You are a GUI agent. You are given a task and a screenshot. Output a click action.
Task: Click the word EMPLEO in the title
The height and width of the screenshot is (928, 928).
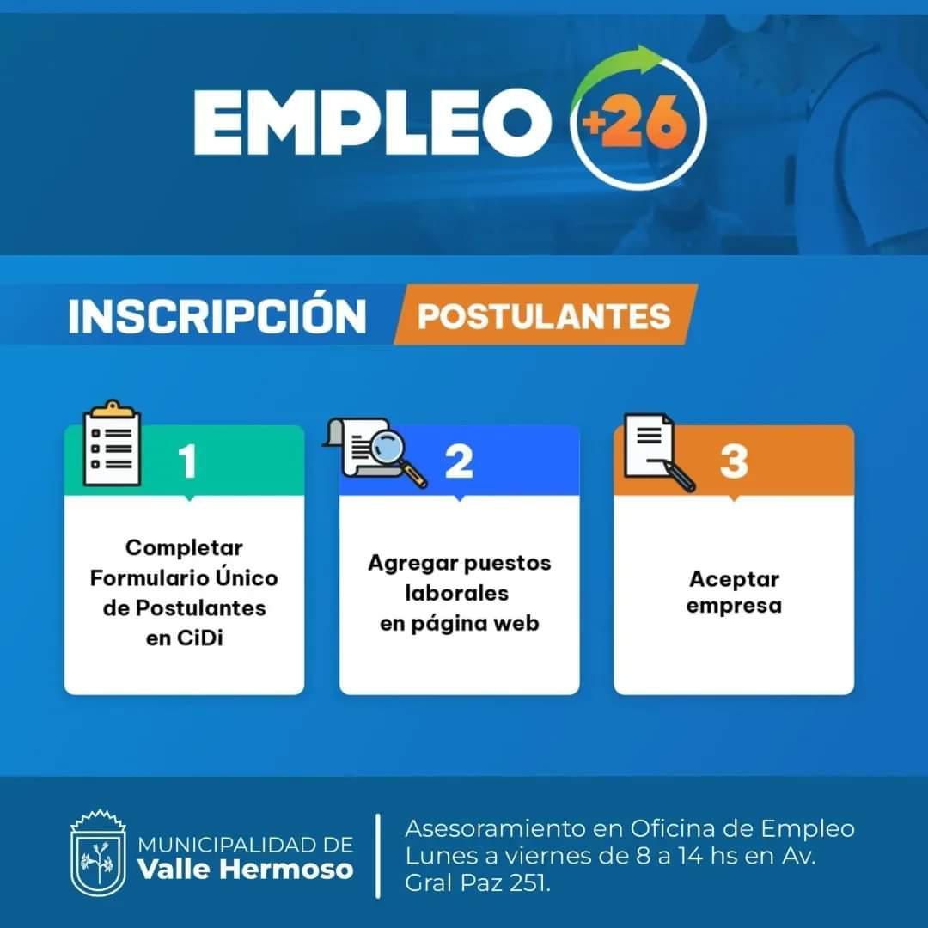click(372, 122)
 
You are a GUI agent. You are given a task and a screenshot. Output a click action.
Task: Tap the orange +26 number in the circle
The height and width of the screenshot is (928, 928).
click(634, 123)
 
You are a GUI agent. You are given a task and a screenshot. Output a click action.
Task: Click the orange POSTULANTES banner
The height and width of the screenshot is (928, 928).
click(545, 314)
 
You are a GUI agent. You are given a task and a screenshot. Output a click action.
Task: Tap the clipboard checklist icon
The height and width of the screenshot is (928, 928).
click(112, 443)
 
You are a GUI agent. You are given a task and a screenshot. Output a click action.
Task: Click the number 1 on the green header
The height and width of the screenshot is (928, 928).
click(187, 461)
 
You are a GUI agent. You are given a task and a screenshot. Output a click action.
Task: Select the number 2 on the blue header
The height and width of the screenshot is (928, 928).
click(459, 461)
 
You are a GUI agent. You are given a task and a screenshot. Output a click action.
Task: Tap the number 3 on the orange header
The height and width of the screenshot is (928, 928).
click(734, 461)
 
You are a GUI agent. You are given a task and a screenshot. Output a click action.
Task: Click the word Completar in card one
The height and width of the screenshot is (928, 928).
click(184, 548)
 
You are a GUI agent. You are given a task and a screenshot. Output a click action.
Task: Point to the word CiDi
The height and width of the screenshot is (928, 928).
click(200, 638)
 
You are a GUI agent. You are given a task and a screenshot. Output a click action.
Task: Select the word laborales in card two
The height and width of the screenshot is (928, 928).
click(457, 593)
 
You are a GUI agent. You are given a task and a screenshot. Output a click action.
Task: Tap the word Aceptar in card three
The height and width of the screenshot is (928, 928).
click(734, 579)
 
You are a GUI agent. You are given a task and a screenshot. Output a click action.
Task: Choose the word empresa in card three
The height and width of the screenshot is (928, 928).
click(734, 606)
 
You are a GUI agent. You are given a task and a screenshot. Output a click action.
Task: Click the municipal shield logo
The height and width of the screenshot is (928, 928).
click(98, 853)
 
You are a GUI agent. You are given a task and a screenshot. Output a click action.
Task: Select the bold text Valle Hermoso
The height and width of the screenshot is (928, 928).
click(246, 870)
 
